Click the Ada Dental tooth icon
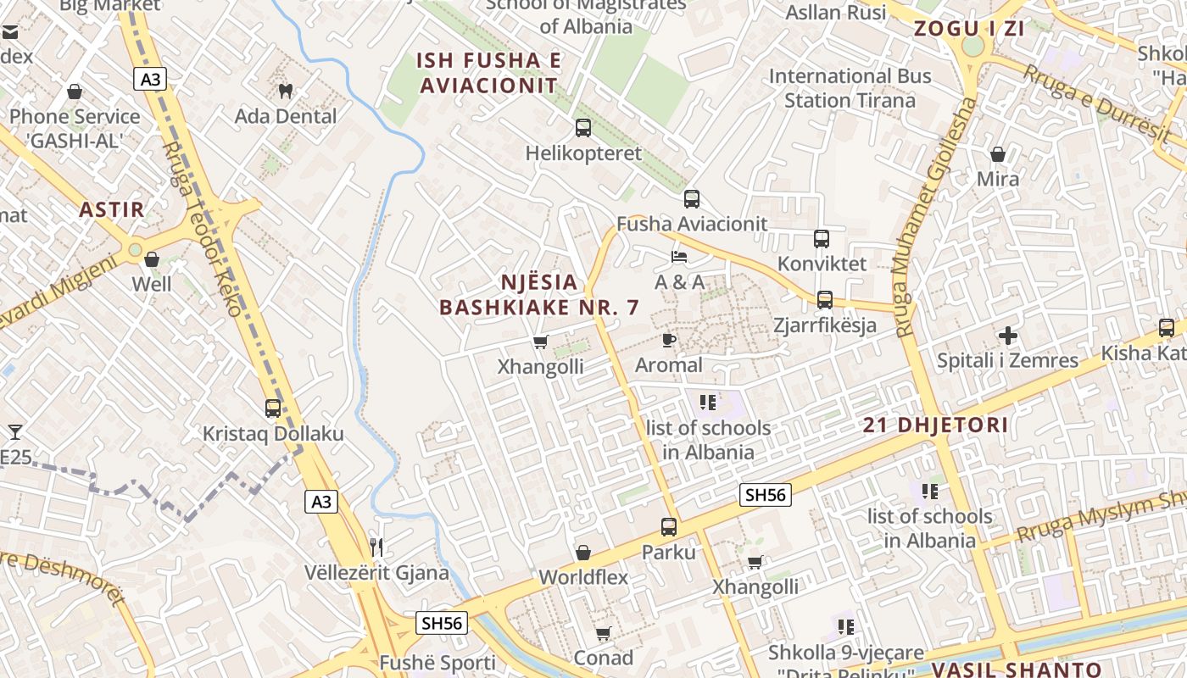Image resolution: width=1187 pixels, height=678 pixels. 286,90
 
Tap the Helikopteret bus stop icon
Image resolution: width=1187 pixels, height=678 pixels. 583,128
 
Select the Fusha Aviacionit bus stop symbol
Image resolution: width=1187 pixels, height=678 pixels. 692,199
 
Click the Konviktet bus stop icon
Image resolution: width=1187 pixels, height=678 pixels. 822,239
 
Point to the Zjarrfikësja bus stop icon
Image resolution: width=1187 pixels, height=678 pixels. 825,300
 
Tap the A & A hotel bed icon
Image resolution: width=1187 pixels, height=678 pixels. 679,257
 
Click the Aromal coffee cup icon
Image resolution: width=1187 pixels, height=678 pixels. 669,341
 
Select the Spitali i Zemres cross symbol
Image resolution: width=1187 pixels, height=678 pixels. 1007,336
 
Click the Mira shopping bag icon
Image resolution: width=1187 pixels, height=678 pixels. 998,154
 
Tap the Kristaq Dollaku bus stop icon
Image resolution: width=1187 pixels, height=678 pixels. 273,408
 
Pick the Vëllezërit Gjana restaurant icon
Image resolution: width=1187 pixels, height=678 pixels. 377,547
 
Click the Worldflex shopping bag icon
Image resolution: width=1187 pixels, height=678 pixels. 583,553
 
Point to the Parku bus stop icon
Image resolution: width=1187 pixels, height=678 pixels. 669,527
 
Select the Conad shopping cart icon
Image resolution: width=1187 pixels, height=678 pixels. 604,633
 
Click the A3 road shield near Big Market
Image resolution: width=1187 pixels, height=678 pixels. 150,80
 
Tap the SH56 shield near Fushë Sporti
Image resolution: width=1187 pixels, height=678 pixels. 443,624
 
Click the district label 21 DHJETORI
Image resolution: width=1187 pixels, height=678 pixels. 936,425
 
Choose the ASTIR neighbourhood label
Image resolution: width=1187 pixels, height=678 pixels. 112,210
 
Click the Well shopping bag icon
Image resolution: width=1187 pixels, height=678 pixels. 152,259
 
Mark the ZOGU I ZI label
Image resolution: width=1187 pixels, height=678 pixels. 968,29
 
